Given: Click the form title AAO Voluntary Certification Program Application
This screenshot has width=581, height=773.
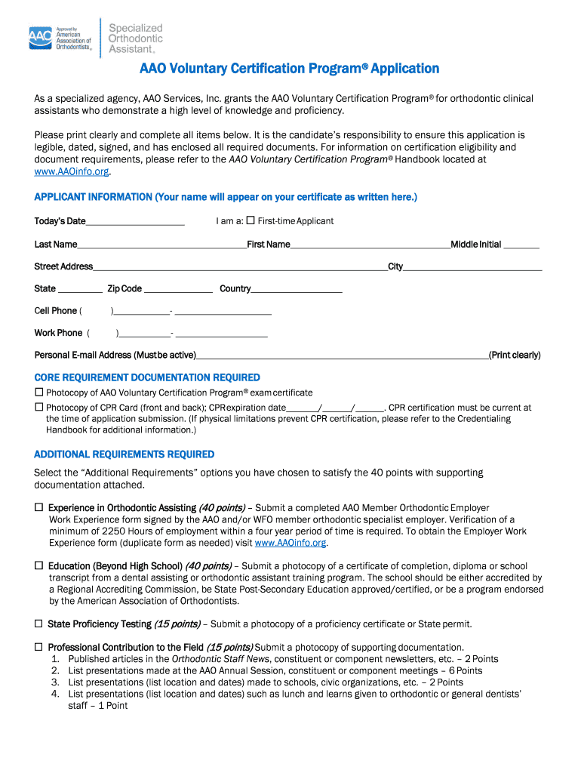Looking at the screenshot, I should pos(289,69).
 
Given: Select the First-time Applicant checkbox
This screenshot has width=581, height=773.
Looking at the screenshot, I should pos(251,220).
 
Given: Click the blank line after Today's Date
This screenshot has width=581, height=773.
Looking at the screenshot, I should pos(135,222).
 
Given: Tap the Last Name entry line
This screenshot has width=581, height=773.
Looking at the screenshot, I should pos(161,245).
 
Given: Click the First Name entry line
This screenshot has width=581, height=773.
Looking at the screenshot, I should pos(370,245).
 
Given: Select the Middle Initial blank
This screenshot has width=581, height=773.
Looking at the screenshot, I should pos(521,245).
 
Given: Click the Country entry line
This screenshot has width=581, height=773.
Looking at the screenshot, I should pos(297,289).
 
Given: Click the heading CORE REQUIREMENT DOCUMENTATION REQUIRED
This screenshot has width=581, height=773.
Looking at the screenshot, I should pos(147,377).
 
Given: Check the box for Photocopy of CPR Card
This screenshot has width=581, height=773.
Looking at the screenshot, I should pos(39,407).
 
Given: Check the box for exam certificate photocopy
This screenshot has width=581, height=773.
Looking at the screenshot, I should pos(39,393).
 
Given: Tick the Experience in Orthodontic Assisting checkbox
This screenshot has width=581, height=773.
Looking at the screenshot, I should pos(39,508).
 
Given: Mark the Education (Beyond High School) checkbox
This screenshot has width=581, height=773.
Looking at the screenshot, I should pos(39,565).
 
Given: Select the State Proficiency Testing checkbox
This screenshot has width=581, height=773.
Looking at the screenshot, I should pos(39,624).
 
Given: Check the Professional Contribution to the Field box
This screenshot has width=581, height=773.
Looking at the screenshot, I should pos(39,647).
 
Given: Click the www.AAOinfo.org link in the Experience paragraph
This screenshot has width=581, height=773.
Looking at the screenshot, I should pos(290,543).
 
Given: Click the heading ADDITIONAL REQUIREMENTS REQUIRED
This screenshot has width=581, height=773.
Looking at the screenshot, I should pos(124,454).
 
